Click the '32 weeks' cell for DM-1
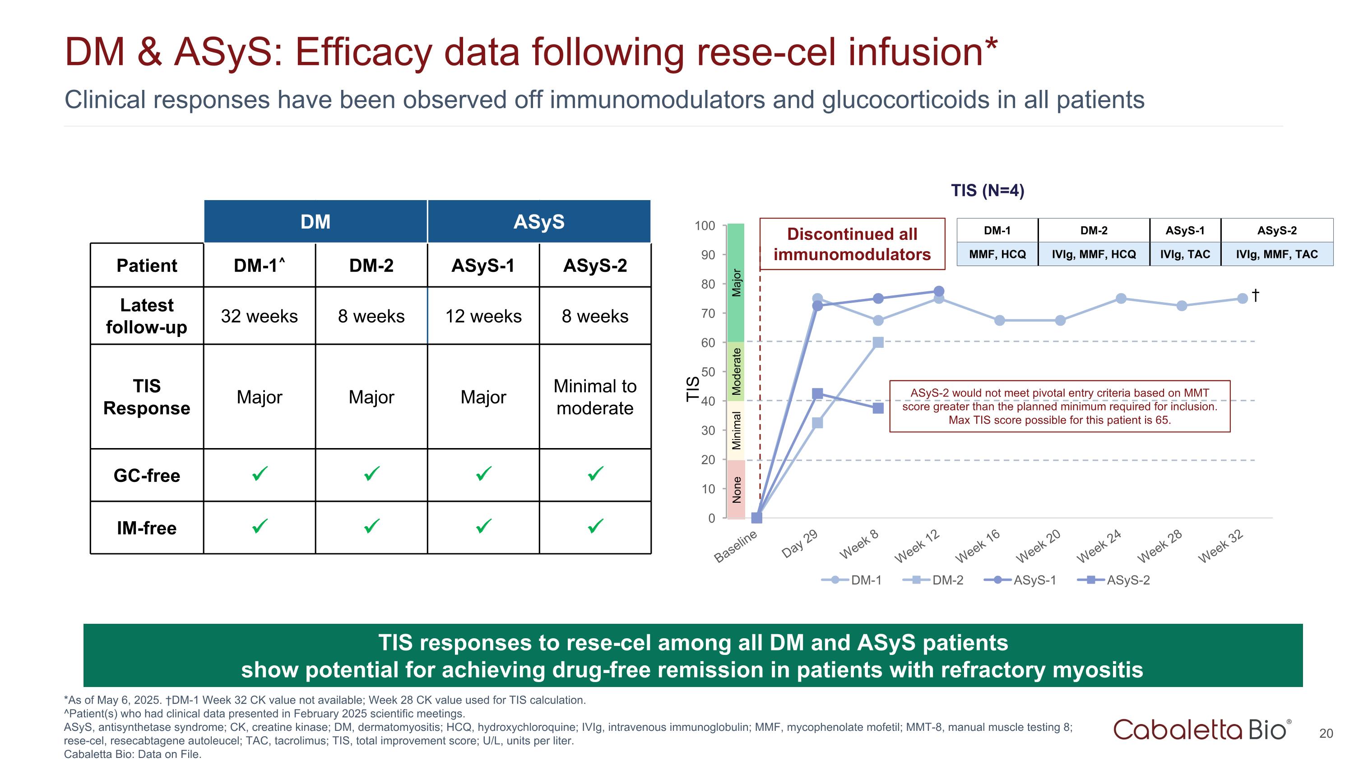click(x=259, y=316)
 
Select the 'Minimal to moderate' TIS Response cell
click(x=594, y=397)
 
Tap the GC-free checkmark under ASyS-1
click(x=483, y=474)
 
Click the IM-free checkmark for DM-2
click(x=371, y=526)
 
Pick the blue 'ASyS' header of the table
click(x=539, y=221)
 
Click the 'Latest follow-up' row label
click(x=147, y=316)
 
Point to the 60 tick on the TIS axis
click(x=708, y=342)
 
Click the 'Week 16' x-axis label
click(x=978, y=547)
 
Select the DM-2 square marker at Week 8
click(x=878, y=342)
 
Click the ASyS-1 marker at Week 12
click(x=939, y=291)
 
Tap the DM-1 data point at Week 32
click(x=1243, y=299)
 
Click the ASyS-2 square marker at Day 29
click(x=817, y=393)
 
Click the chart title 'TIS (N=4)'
click(x=987, y=190)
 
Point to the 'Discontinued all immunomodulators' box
click(x=852, y=244)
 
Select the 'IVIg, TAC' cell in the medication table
click(x=1185, y=254)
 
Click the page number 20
click(x=1326, y=734)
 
